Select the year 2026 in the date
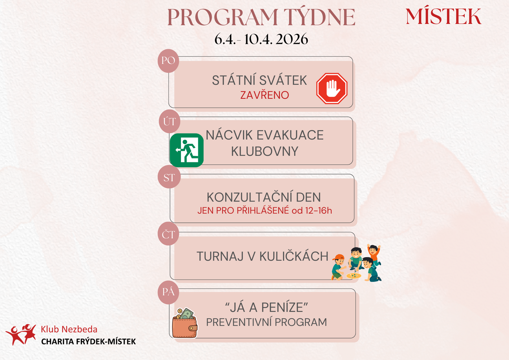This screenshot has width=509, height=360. coord(292,39)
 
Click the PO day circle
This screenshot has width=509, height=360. coord(168,61)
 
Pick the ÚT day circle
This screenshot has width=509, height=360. coord(170,122)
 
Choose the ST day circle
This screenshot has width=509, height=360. coord(169,177)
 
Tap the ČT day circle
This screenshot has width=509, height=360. coord(168,234)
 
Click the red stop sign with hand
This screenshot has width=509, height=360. coord(332,88)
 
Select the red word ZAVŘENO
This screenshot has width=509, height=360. coord(264,95)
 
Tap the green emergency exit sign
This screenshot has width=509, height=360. coord(186,150)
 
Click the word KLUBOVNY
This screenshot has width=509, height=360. coord(264,151)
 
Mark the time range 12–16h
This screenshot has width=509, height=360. coord(318,210)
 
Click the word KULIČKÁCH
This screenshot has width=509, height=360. coord(294,256)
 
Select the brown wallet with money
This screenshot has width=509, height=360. coord(185,323)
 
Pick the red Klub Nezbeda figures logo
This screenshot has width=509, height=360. coord(21,335)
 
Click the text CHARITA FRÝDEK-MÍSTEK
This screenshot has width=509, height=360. coord(88,342)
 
